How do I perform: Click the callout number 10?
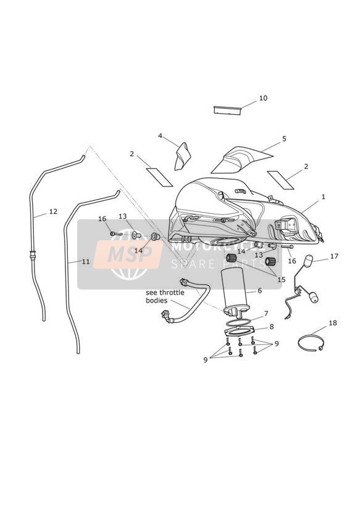click(x=263, y=98)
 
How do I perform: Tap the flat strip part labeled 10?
click(x=227, y=110)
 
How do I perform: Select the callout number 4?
click(x=160, y=136)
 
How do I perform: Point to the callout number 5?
click(x=284, y=139)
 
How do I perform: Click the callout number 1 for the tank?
click(x=323, y=196)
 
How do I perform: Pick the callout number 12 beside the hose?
click(x=53, y=212)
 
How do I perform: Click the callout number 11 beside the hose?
click(x=85, y=261)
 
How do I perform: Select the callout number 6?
click(x=259, y=290)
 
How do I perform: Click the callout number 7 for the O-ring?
click(x=266, y=314)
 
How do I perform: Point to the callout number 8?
click(x=271, y=327)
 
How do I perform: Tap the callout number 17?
click(x=334, y=256)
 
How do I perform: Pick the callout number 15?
click(x=282, y=279)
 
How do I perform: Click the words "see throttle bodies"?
click(x=165, y=297)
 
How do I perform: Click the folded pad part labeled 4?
click(x=182, y=156)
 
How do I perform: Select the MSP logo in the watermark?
click(x=128, y=254)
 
